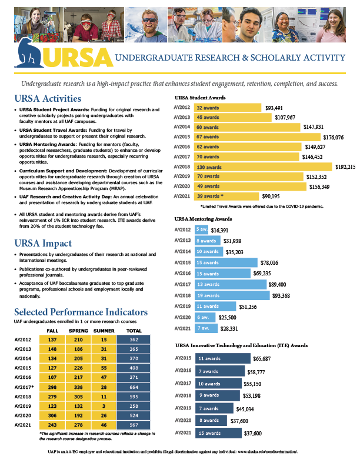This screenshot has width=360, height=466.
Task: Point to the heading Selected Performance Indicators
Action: point(81,312)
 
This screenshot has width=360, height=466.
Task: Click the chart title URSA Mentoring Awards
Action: point(206,219)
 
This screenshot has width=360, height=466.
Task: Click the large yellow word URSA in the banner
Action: point(79,57)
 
